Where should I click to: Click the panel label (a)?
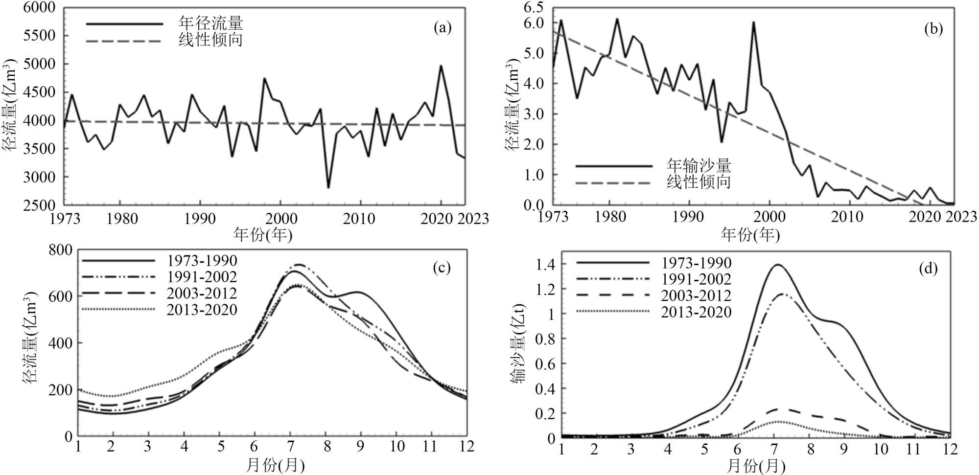tap(442, 28)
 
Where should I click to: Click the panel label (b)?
tap(933, 29)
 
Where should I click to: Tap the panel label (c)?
tap(442, 268)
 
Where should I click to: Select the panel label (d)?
tap(928, 269)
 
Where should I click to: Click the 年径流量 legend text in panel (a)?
tap(210, 23)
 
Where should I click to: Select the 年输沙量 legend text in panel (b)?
tap(699, 165)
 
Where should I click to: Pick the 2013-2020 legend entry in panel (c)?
tap(202, 310)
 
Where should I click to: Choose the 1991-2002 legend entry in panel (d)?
tap(696, 279)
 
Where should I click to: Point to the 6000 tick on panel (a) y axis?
tap(39, 8)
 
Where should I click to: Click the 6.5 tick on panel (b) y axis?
tap(533, 8)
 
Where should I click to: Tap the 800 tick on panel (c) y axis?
tap(60, 250)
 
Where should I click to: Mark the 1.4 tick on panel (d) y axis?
tap(545, 265)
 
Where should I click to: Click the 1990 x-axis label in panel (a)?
tap(200, 219)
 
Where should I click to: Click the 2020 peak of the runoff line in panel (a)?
tap(441, 66)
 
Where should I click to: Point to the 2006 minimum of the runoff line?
tap(328, 187)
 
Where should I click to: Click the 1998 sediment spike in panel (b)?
tap(753, 23)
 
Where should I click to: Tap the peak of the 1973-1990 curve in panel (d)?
tap(777, 265)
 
